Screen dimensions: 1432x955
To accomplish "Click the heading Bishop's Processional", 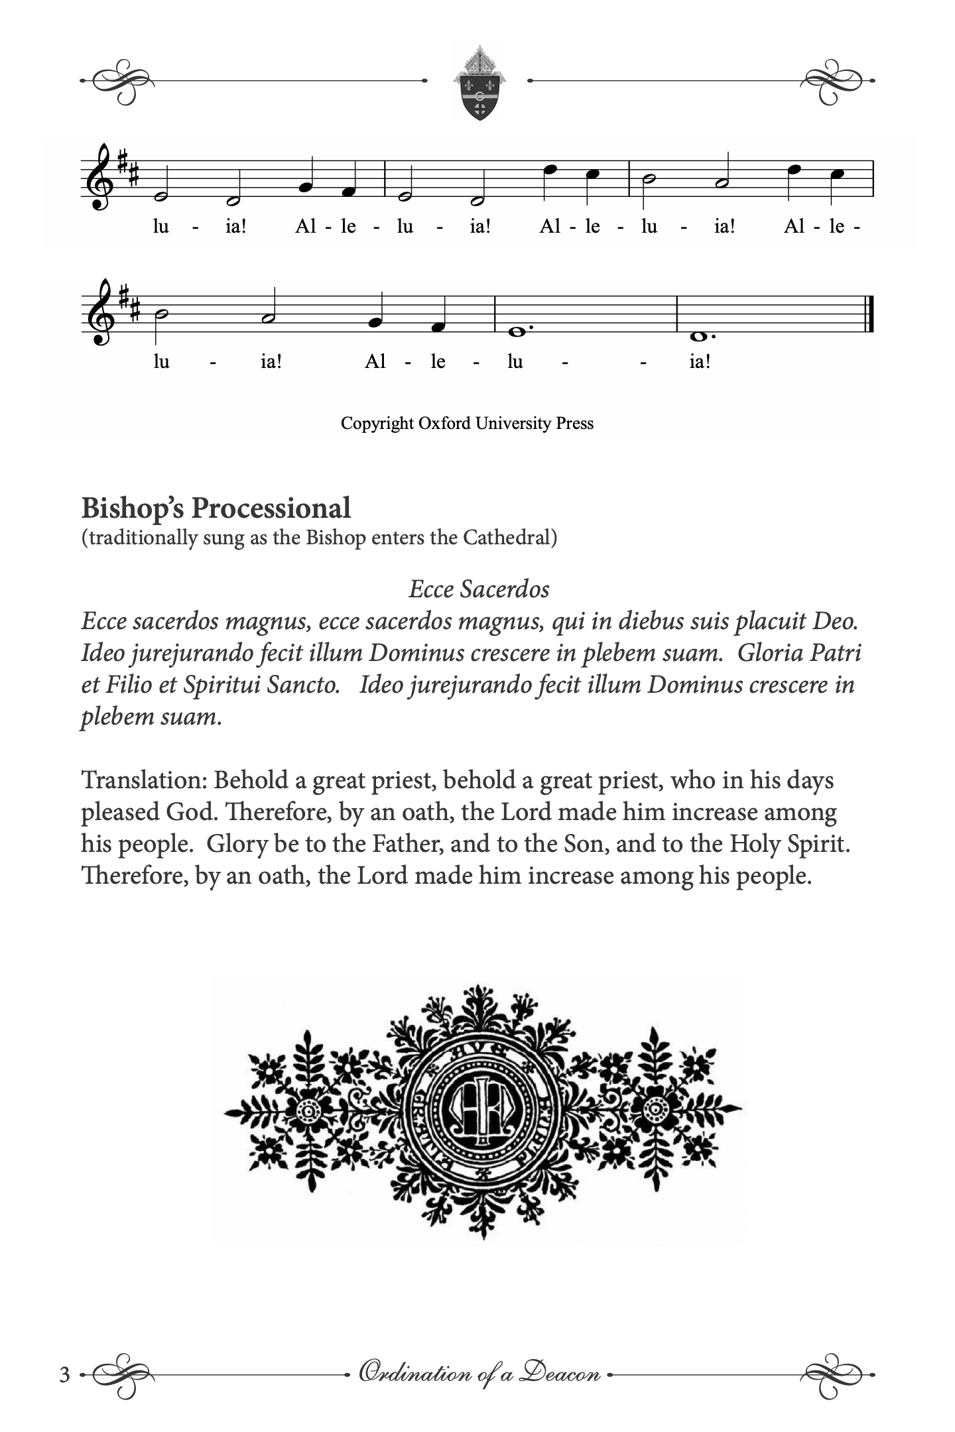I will [x=216, y=508].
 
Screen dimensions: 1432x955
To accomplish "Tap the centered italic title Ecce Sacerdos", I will [x=479, y=589].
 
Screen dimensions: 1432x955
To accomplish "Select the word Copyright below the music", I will [x=377, y=423].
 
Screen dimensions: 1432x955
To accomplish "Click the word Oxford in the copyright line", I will [x=443, y=423].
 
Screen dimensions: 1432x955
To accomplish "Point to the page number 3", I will [x=64, y=1375].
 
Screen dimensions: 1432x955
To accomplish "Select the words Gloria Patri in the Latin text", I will [x=799, y=653].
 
